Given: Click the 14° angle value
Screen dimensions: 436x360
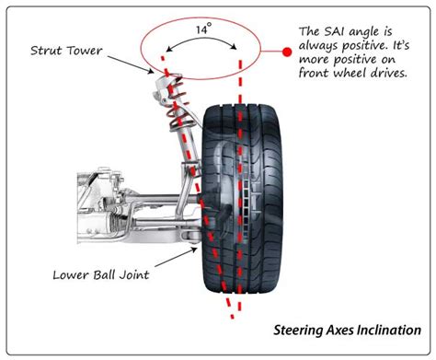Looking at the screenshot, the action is coord(203,29).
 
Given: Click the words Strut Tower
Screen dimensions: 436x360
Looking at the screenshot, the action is coord(66,51).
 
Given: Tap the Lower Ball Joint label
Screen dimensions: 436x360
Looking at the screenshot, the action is coord(101,274).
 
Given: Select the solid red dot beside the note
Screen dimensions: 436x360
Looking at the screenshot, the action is coord(287,52).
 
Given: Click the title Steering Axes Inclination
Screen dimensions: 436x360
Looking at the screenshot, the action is coord(347,331).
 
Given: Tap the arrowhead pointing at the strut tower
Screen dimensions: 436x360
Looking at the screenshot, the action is coord(151,72).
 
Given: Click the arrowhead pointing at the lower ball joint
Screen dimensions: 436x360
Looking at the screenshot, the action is coord(194,250).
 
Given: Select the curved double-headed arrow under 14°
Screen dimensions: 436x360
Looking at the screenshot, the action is coord(201,40).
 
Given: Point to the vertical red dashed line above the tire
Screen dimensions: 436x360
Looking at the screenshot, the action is coord(240,81).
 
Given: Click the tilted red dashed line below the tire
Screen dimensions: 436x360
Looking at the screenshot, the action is coord(229,307).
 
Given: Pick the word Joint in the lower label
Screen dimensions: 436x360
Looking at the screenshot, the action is coord(134,274).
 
